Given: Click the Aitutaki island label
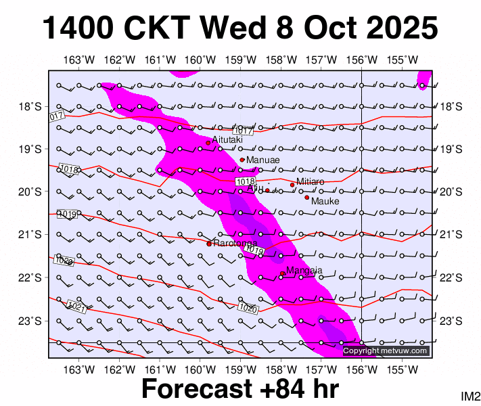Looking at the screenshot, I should (x=227, y=139).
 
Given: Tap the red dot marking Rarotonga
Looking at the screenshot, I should (x=209, y=244).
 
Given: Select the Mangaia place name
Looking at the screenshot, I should (x=304, y=271).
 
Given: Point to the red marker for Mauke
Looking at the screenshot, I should (x=306, y=198).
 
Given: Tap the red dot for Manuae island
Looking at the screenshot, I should (x=242, y=160).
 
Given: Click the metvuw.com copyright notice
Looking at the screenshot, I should (x=386, y=351).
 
